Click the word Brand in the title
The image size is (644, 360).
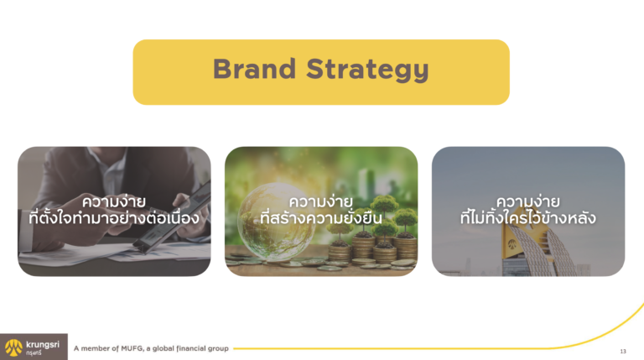[x=254, y=69]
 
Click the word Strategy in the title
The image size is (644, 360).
[x=367, y=70]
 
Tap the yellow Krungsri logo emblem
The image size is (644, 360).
[x=13, y=347]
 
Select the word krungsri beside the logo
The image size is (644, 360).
[x=43, y=344]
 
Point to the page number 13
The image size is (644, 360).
[x=623, y=351]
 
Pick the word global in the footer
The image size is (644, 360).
[x=164, y=348]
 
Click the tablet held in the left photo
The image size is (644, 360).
[x=174, y=221]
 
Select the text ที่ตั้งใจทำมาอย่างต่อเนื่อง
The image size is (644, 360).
[x=114, y=217]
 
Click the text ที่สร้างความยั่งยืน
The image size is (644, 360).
[x=321, y=217]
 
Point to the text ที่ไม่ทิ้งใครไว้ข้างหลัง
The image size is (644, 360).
[x=527, y=217]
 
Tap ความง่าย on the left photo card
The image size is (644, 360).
[x=114, y=201]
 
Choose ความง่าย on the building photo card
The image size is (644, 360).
[x=527, y=201]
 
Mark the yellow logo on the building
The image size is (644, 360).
[x=512, y=244]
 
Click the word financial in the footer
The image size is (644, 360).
[x=191, y=348]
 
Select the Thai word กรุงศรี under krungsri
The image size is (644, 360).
[x=34, y=352]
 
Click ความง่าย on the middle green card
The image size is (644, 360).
[x=321, y=201]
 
